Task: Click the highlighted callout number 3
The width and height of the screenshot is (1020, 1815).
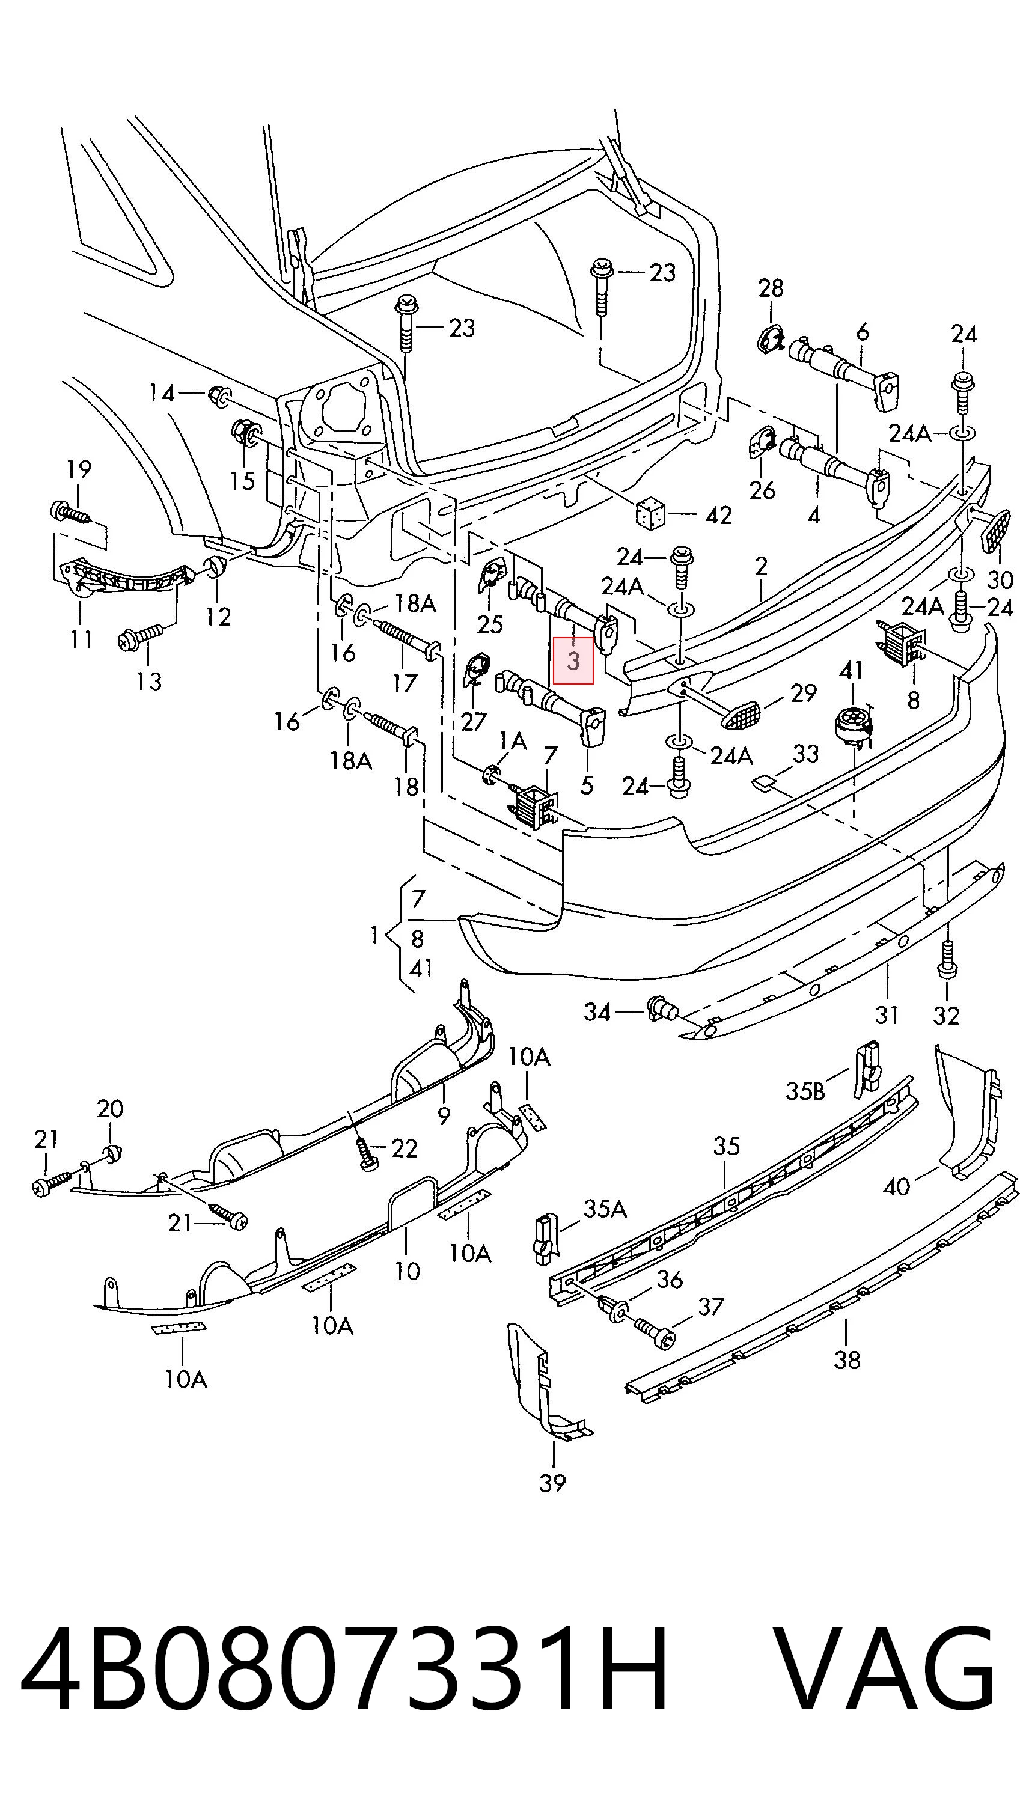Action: pyautogui.click(x=573, y=661)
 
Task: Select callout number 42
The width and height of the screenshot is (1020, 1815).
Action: pyautogui.click(x=718, y=515)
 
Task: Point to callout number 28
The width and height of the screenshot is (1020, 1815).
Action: pyautogui.click(x=771, y=287)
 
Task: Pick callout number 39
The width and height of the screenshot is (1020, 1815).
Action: pyautogui.click(x=552, y=1483)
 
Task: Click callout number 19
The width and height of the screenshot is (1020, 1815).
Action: pyautogui.click(x=79, y=469)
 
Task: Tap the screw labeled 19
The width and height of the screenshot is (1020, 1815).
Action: pyautogui.click(x=70, y=512)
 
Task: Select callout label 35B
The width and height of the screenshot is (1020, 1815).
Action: pyautogui.click(x=805, y=1091)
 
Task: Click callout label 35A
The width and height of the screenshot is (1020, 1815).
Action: pyautogui.click(x=605, y=1209)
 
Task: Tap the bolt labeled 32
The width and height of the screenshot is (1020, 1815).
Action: pyautogui.click(x=947, y=959)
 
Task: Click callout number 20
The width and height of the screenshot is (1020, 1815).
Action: pyautogui.click(x=110, y=1109)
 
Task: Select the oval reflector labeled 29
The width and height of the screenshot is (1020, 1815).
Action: pyautogui.click(x=742, y=715)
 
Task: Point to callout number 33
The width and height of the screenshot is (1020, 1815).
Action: pyautogui.click(x=806, y=753)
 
